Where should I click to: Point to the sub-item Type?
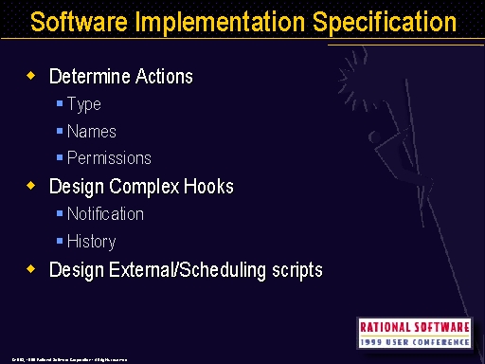84,104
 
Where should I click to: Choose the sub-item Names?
92,132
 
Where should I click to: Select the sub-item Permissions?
109,158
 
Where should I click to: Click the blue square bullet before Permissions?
60,158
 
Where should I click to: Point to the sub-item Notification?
105,214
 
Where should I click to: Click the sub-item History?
92,242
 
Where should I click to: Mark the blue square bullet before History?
60,242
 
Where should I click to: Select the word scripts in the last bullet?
296,271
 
